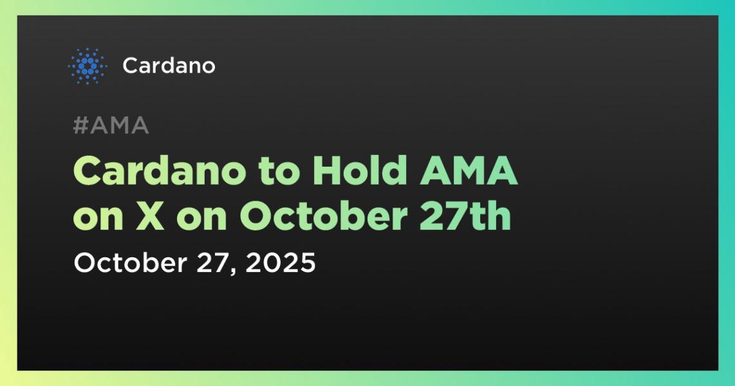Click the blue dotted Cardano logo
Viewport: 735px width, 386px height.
coord(86,66)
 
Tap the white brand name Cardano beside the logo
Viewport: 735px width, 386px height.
coord(169,66)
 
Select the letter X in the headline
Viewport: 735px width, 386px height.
coord(153,217)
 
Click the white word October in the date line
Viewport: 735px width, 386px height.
coord(128,263)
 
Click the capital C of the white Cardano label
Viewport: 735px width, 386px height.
coord(129,66)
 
